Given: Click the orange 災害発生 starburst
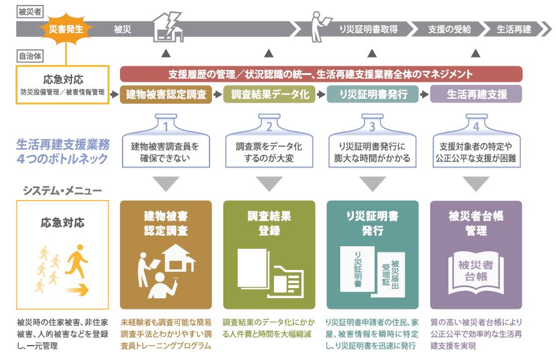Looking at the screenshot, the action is tap(66, 29).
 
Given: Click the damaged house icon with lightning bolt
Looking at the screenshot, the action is tap(168, 27).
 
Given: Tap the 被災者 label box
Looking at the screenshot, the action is tap(30, 12).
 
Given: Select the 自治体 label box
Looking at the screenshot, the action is tap(30, 56).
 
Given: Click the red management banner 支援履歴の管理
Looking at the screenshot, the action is tap(321, 74).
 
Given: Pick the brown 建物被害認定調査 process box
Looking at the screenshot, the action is tap(166, 94).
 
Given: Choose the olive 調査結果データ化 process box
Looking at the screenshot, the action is tap(269, 94).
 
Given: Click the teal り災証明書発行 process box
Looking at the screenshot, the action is tap(373, 94).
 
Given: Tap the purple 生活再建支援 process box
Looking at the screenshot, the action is tap(476, 94).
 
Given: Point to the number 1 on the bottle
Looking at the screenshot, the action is tap(166, 127).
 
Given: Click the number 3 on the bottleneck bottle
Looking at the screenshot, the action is tap(372, 127).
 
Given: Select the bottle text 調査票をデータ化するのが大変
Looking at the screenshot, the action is tap(269, 152).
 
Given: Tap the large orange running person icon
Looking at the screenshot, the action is tap(76, 261).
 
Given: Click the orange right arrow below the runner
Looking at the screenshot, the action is tap(76, 290).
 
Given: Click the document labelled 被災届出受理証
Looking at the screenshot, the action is tap(391, 274).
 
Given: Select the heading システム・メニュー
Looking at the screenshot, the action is tap(63, 191).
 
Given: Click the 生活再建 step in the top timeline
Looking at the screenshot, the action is tap(514, 29).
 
